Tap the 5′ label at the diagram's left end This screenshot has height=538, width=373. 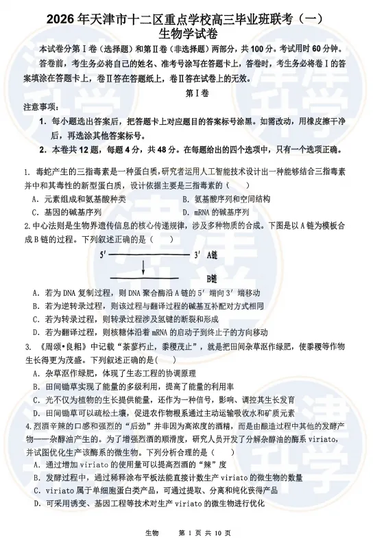click(103, 254)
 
